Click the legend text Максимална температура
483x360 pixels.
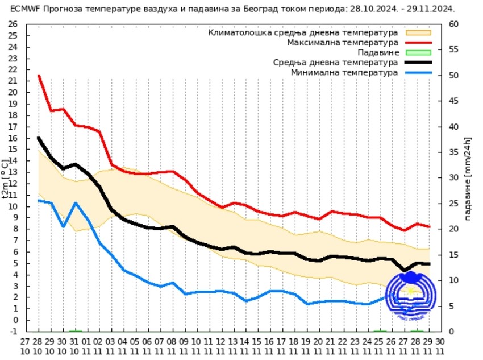click(342, 43)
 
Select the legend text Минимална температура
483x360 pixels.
click(344, 73)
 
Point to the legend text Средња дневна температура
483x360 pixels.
click(335, 63)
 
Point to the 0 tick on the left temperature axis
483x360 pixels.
click(15, 320)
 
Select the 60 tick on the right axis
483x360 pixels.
click(453, 24)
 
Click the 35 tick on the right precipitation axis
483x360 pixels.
click(453, 152)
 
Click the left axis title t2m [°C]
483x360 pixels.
click(6, 177)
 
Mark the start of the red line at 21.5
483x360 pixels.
click(39, 76)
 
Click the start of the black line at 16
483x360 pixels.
click(39, 138)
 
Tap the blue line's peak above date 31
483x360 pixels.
click(75, 203)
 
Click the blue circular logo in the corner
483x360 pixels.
click(411, 293)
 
